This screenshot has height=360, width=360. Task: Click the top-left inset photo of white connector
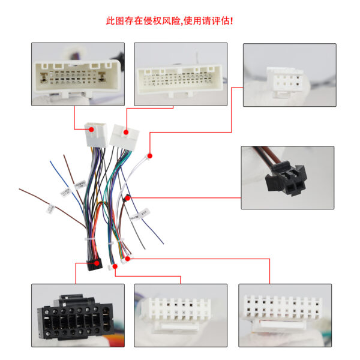click(x=77, y=74)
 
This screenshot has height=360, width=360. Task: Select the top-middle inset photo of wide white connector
click(x=180, y=74)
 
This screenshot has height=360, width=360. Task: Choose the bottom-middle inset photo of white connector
click(x=180, y=314)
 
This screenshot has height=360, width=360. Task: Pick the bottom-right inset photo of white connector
click(x=284, y=314)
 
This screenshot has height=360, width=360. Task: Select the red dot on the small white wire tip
click(x=151, y=154)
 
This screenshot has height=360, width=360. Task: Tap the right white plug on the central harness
click(x=122, y=137)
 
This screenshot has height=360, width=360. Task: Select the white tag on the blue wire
click(x=64, y=193)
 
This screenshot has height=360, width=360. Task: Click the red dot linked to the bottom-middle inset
click(x=113, y=264)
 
